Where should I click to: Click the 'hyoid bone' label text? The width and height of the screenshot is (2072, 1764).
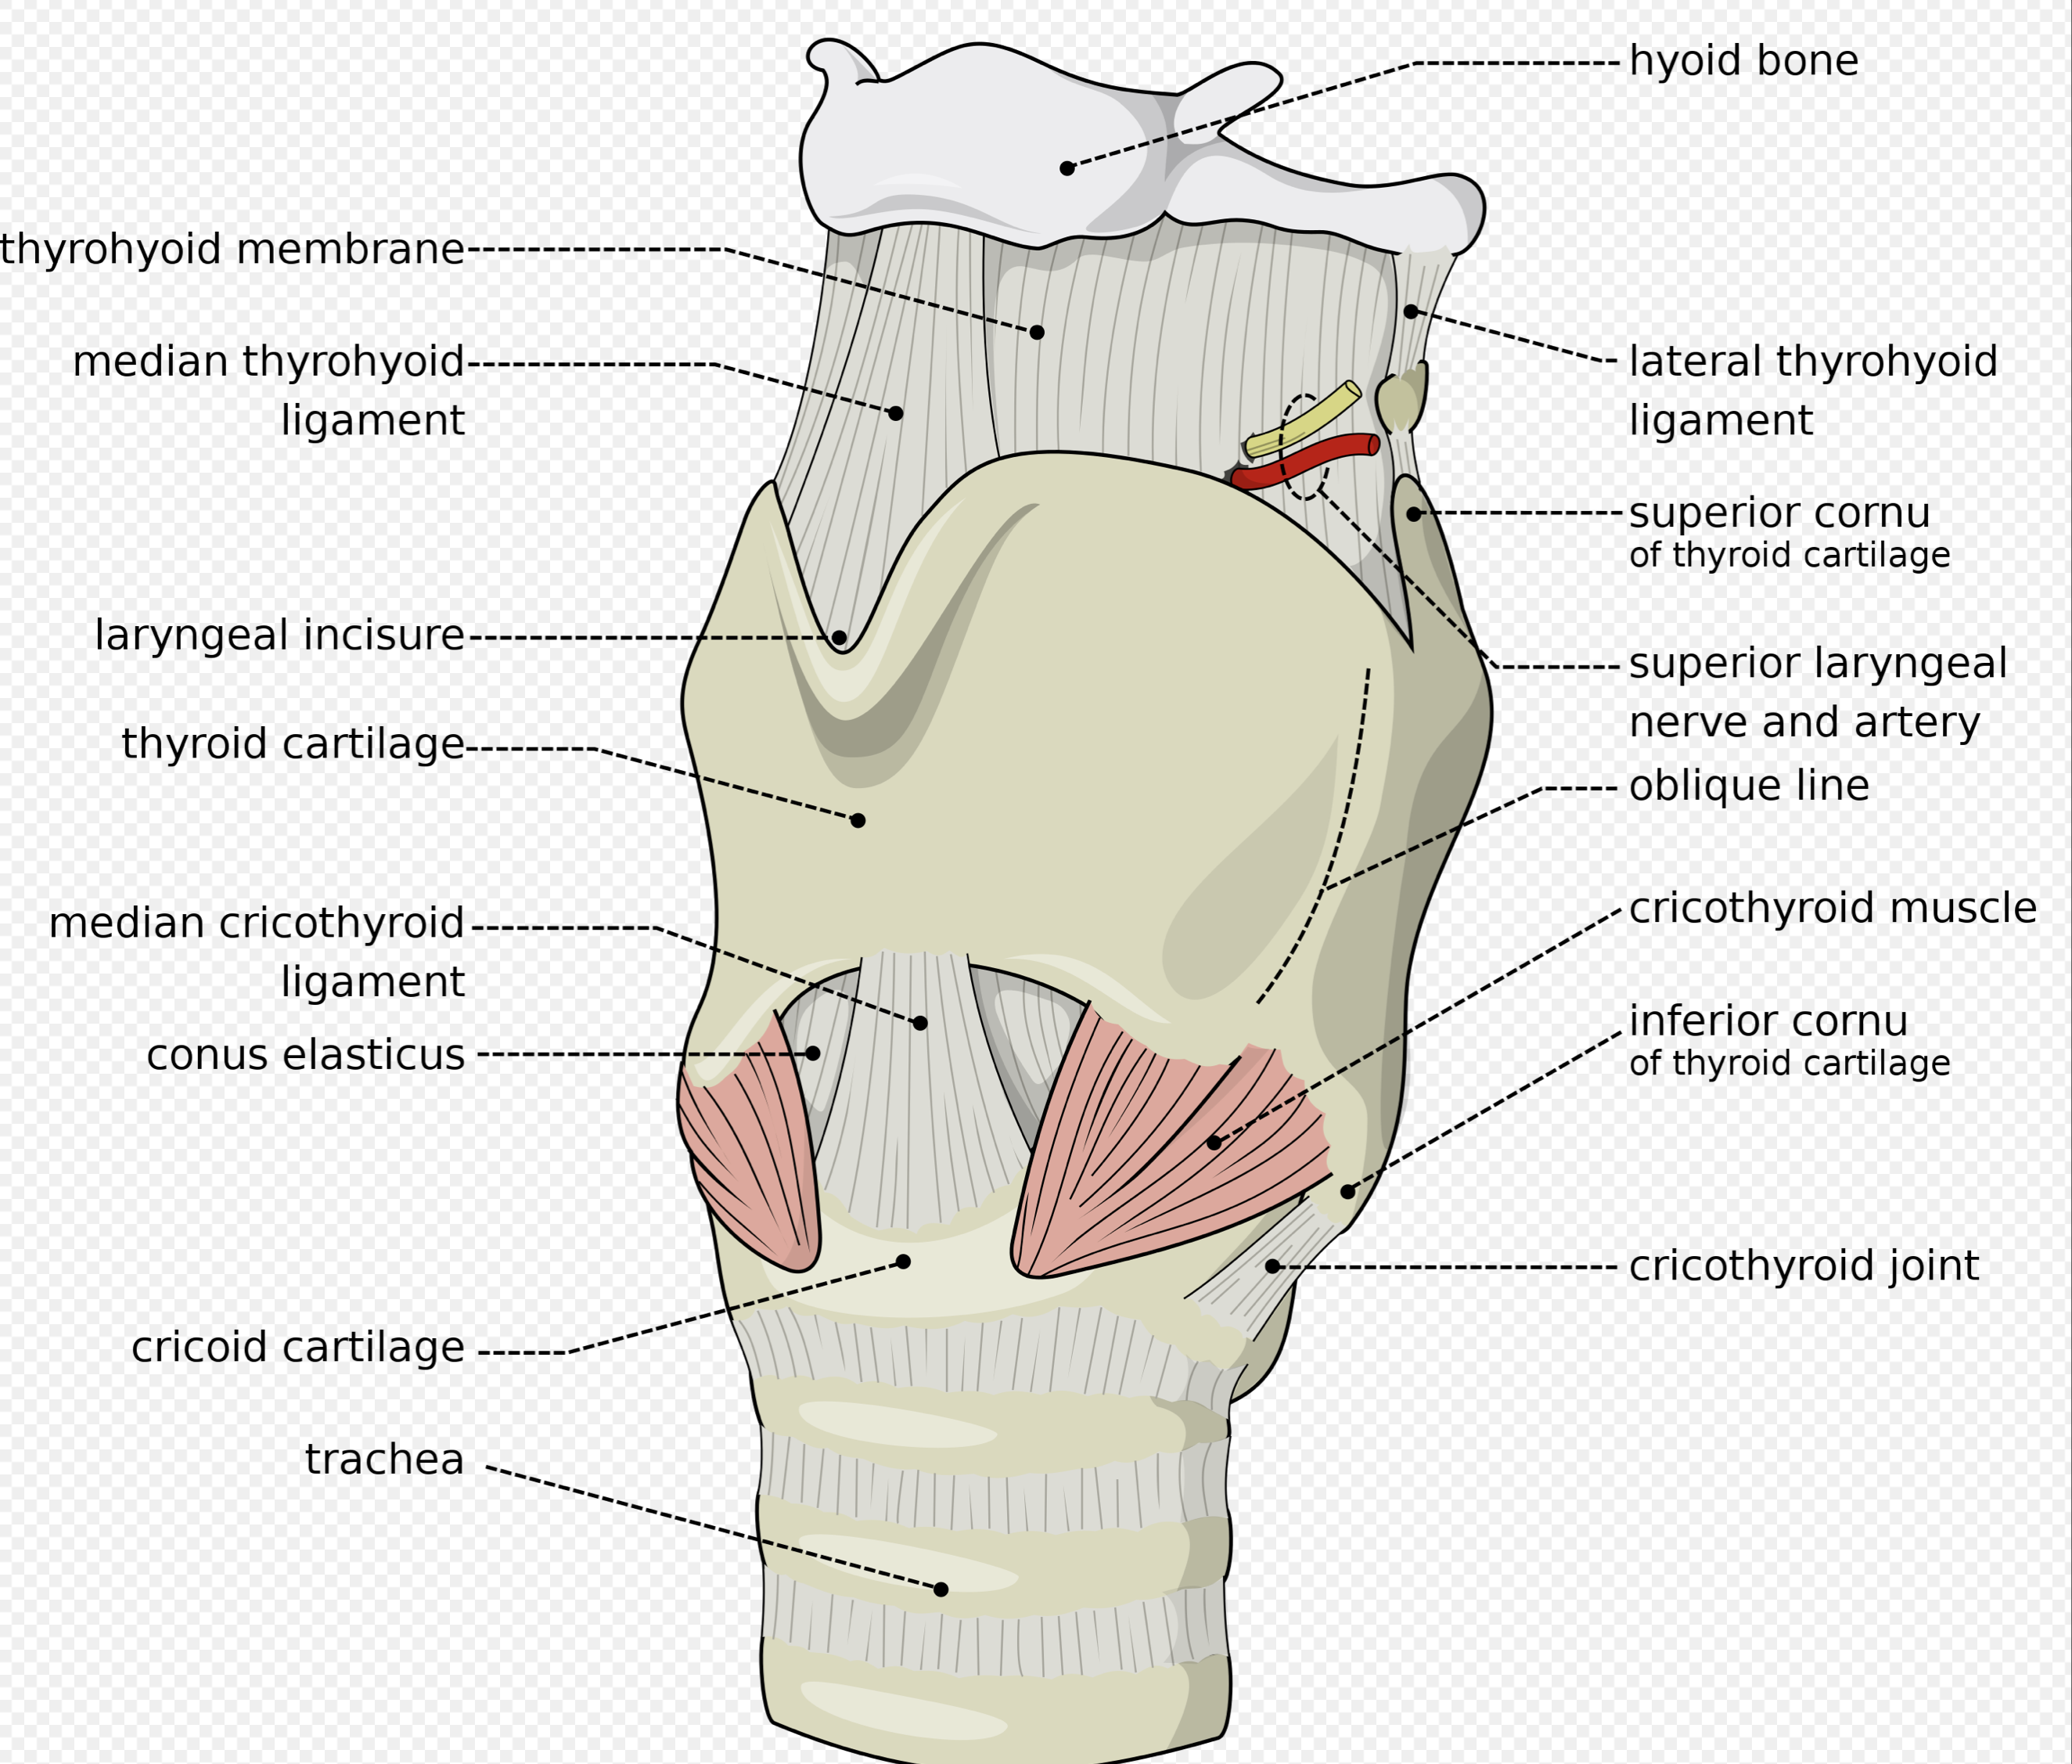pyautogui.click(x=1743, y=61)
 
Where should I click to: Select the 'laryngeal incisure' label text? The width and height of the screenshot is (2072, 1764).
pyautogui.click(x=280, y=635)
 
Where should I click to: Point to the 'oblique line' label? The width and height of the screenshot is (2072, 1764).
pyautogui.click(x=1749, y=785)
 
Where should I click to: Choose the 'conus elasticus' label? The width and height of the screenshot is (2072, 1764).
pyautogui.click(x=306, y=1054)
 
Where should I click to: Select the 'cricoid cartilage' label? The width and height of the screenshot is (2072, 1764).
pyautogui.click(x=298, y=1346)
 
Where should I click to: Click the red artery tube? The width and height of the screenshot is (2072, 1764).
pyautogui.click(x=1306, y=461)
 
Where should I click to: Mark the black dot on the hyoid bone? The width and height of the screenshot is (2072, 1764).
pyautogui.click(x=1067, y=168)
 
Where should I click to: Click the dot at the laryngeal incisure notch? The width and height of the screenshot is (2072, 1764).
pyautogui.click(x=839, y=637)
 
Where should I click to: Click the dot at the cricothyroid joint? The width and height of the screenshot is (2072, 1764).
pyautogui.click(x=1272, y=1266)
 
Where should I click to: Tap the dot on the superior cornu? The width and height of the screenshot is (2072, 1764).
pyautogui.click(x=1413, y=514)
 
